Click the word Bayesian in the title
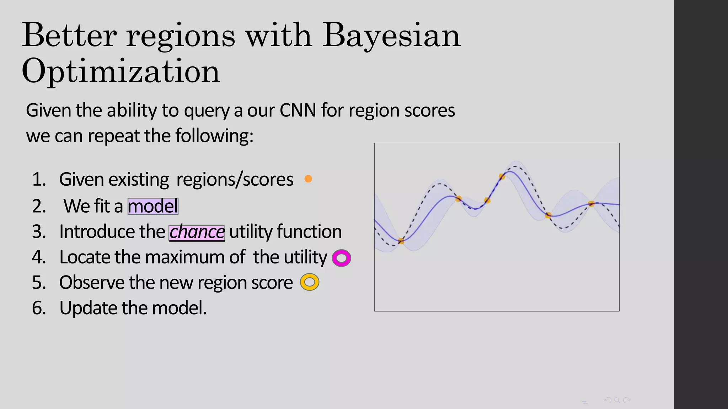tap(391, 36)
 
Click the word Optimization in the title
tap(121, 71)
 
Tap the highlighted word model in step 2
tap(153, 206)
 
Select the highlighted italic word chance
tap(197, 233)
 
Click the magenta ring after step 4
tap(341, 258)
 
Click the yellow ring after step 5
tap(310, 282)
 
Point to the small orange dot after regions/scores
tap(308, 179)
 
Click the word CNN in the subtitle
tap(298, 110)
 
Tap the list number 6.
tap(39, 308)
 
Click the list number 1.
tap(39, 179)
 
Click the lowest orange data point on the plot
tap(401, 241)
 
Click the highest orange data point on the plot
tap(502, 176)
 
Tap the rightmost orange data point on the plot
tap(591, 204)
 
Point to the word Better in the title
tap(69, 36)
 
